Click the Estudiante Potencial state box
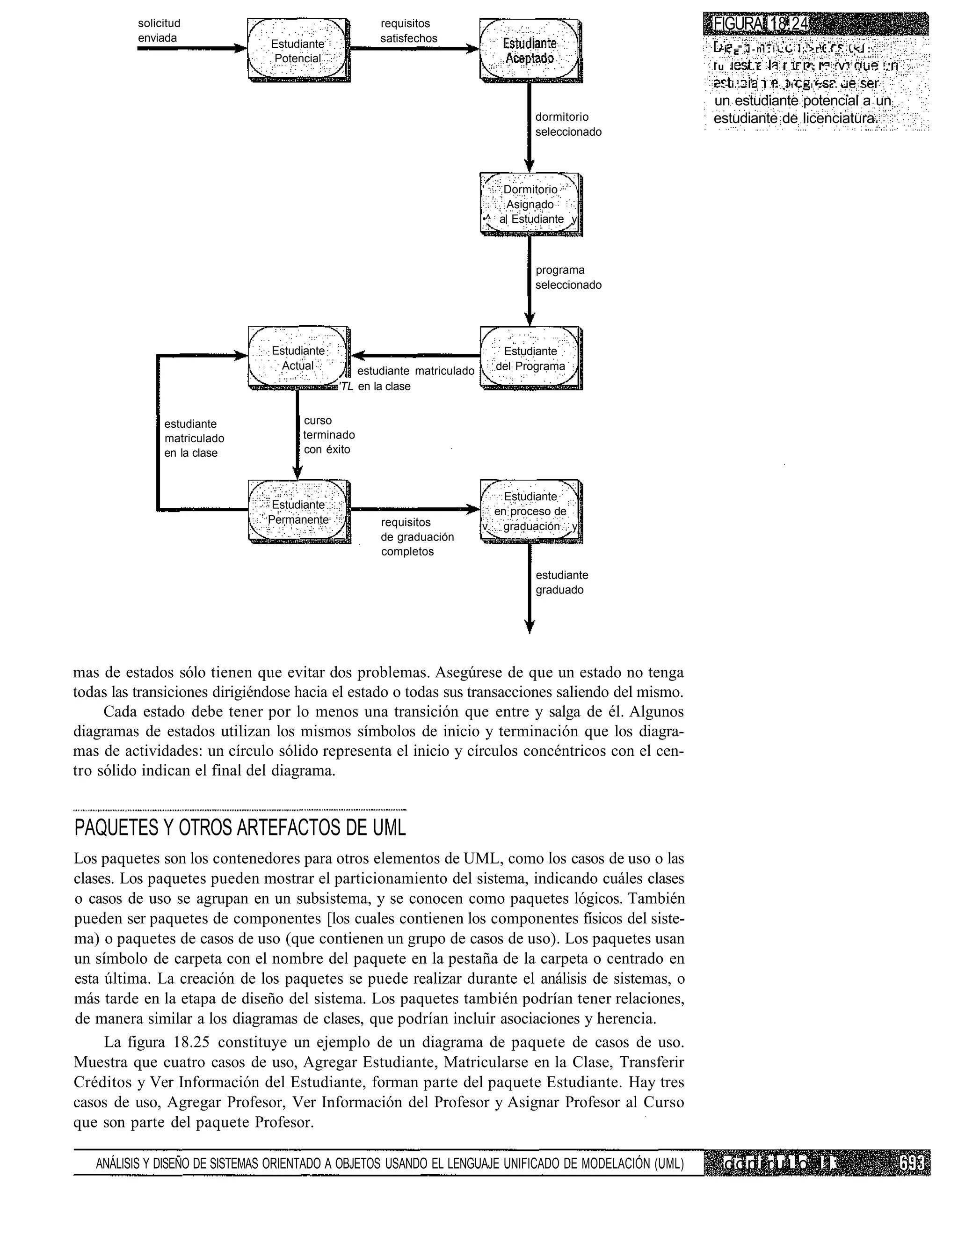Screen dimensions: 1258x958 298,50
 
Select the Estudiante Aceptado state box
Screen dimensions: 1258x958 530,50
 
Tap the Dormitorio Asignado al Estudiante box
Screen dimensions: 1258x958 530,204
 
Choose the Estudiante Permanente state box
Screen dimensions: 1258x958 298,511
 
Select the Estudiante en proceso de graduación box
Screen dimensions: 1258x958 530,511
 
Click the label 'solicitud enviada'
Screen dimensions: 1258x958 159,30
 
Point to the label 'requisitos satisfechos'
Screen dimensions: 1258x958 409,31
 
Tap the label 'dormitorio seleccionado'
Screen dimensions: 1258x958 568,124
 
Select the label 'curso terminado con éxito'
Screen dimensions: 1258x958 329,435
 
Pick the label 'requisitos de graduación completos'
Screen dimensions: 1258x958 417,537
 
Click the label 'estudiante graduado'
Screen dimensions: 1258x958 562,583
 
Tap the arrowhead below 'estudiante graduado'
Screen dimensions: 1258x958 529,628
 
